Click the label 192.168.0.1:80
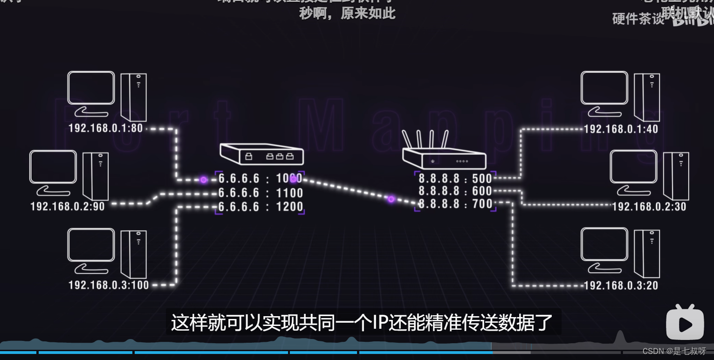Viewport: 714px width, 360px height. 106,128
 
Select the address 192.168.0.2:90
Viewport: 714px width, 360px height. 68,206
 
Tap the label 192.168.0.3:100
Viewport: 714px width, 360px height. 109,284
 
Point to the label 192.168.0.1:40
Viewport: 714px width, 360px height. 621,129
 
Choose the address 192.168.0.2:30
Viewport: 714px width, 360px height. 649,207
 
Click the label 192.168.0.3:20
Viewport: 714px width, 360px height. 621,285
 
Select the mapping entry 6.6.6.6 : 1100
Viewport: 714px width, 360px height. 261,193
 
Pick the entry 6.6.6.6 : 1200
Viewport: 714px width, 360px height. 261,207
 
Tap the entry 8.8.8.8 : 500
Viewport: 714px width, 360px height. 455,179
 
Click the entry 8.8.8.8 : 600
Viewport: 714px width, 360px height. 455,191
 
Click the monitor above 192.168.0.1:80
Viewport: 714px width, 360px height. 91,89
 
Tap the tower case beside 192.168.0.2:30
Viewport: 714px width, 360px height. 676,176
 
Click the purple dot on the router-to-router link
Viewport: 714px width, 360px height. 391,199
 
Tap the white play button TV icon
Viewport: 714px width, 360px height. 685,322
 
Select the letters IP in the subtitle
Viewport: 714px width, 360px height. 378,323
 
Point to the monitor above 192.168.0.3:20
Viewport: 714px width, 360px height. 604,245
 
